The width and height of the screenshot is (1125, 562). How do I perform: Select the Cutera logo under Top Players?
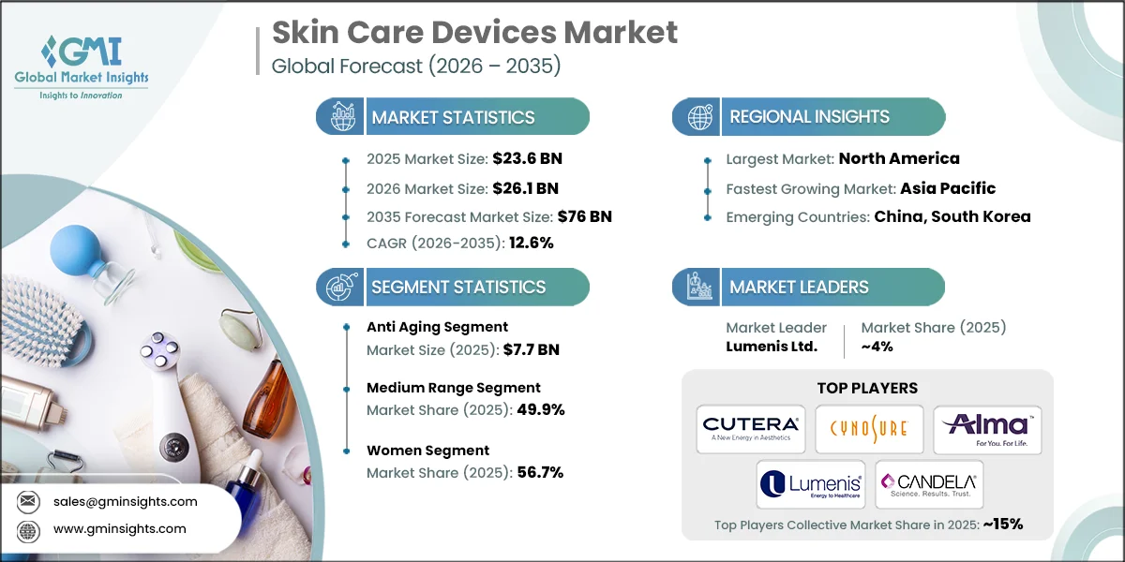751,429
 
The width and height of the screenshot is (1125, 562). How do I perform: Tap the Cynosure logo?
869,429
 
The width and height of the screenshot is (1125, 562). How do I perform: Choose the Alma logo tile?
987,429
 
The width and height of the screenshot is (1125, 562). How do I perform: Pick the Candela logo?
928,484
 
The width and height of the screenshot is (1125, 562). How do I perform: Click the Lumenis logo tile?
810,484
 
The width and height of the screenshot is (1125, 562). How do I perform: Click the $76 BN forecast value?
585,216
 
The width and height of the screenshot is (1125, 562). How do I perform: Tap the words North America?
899,158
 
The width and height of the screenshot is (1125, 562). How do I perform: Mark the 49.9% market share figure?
541,409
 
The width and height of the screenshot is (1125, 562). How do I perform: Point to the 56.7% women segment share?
541,472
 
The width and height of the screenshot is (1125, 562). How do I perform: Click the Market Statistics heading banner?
454,117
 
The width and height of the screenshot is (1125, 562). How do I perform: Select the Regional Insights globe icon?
699,117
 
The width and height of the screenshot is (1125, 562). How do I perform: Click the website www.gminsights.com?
119,529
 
